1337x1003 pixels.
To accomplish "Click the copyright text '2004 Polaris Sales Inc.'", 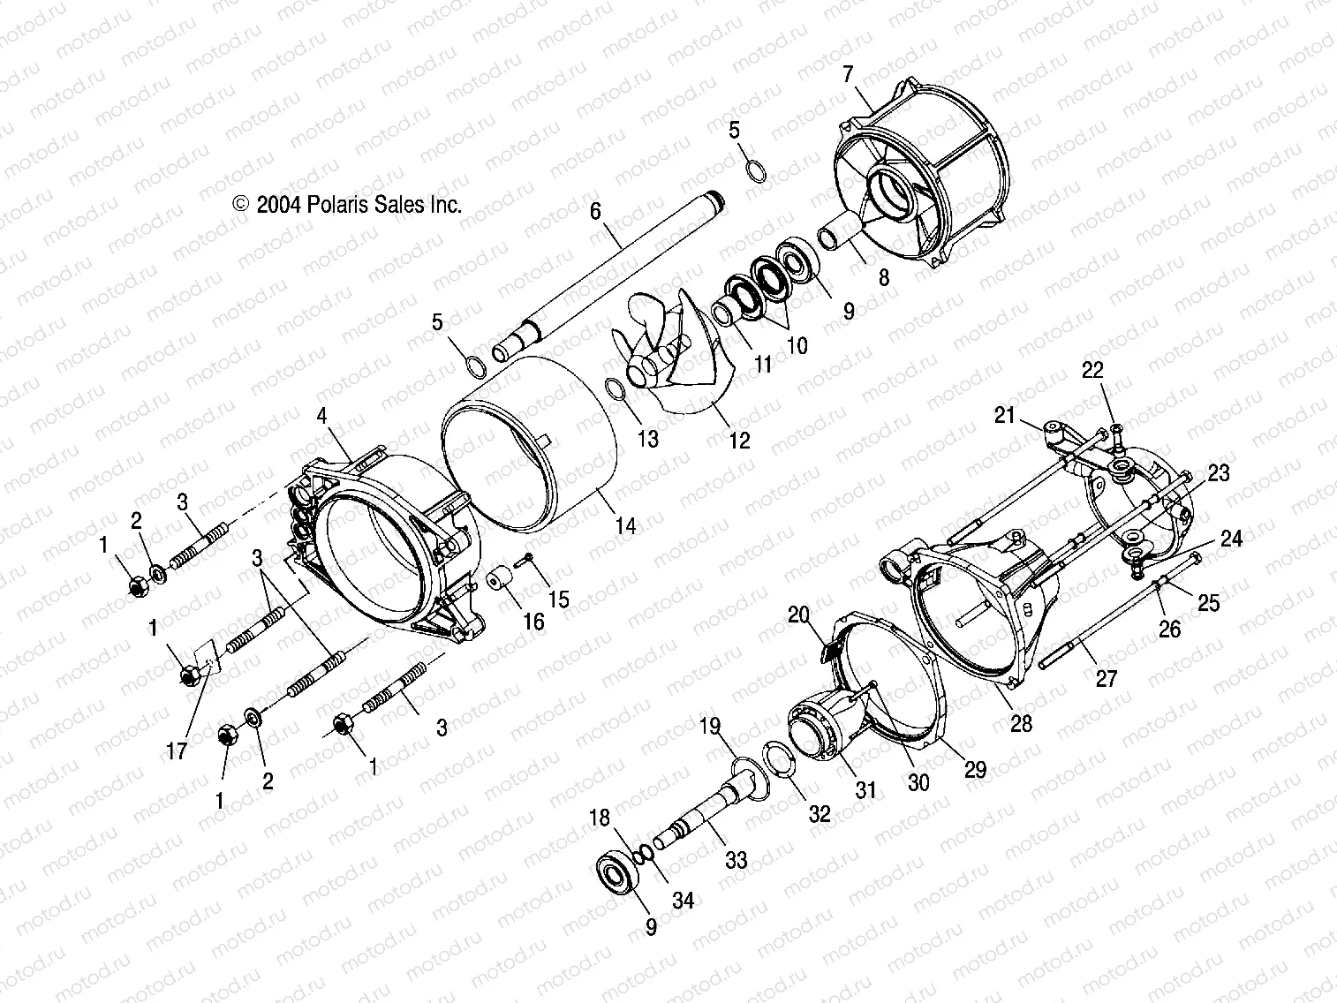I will pyautogui.click(x=359, y=205).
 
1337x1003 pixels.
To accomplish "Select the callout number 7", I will pyautogui.click(x=849, y=74).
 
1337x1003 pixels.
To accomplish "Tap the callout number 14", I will pyautogui.click(x=624, y=526).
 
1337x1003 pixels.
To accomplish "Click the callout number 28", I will pyautogui.click(x=1021, y=723).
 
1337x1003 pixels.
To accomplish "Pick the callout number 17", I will pyautogui.click(x=177, y=751).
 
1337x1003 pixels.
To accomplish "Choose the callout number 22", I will pyautogui.click(x=1092, y=371).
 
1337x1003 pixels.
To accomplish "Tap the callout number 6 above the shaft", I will pyautogui.click(x=619, y=211).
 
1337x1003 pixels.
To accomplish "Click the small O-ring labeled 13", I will pyautogui.click(x=617, y=389).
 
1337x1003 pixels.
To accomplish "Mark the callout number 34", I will pyautogui.click(x=683, y=900).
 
